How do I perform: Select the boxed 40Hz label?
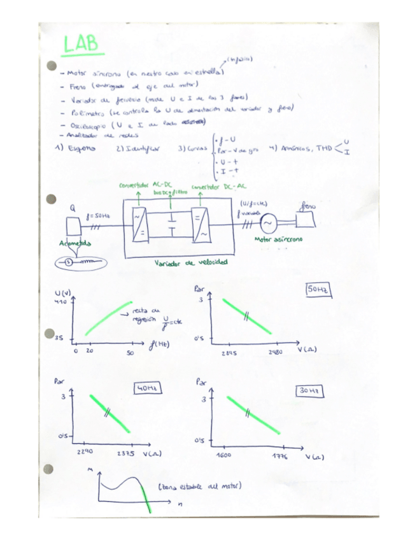(146, 388)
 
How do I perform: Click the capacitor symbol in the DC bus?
(171, 225)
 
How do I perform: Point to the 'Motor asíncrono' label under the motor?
(278, 239)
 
